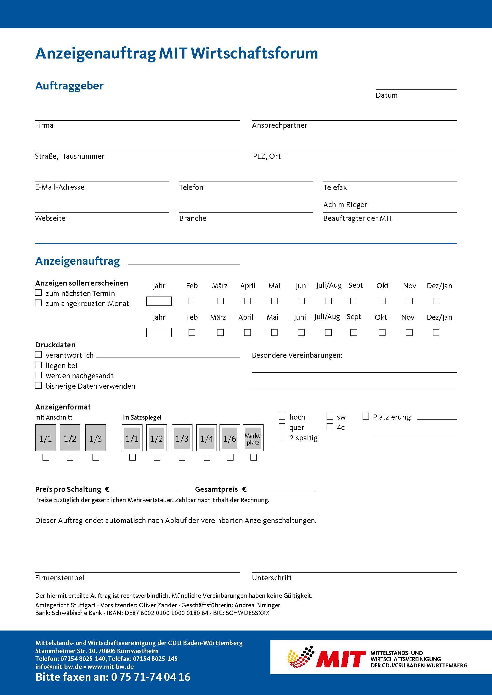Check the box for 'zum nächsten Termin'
38,293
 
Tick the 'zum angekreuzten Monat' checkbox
38,303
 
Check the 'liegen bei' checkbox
38,365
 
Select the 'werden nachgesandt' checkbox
38,375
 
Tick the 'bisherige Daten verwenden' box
38,386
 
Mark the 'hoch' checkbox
282,417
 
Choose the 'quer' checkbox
282,427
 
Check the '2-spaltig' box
282,437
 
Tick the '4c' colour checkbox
330,427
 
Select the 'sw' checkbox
330,417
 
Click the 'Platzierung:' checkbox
366,417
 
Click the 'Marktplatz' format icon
253,438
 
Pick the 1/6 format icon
230,438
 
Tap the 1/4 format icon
207,438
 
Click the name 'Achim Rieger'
345,205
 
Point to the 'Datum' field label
386,95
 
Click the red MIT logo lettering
341,659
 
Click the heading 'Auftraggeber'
69,86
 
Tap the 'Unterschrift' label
272,578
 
